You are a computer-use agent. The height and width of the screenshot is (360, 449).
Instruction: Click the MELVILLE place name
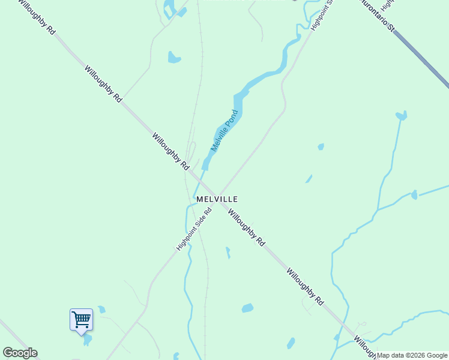point(217,199)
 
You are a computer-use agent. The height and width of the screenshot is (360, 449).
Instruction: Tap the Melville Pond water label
point(224,130)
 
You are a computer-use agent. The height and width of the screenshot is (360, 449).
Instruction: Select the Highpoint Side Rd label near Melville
point(194,230)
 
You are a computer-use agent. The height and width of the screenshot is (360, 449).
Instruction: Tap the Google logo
point(20,353)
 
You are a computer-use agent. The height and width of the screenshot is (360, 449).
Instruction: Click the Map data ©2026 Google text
point(412,355)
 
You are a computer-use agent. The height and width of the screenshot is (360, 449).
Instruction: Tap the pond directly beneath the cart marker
point(88,340)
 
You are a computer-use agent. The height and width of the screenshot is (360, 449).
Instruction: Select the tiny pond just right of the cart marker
point(101,310)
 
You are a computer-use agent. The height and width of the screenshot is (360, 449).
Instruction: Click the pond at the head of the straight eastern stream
point(401,115)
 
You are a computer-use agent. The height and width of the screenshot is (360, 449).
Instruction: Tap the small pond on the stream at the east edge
point(414,194)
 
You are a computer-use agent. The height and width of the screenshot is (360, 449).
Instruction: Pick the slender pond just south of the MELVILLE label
point(228,253)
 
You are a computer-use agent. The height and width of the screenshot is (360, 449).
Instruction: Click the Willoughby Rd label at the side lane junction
point(306,287)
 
